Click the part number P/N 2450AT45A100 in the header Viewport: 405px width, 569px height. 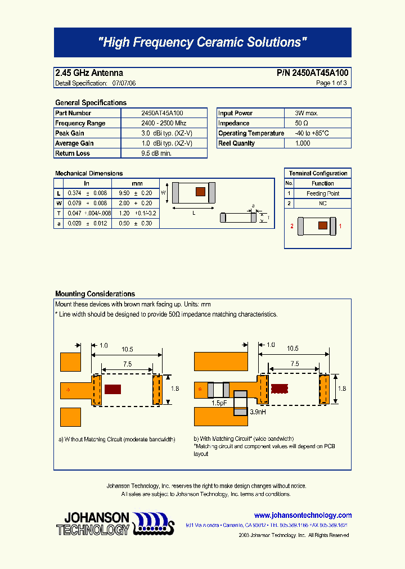313,73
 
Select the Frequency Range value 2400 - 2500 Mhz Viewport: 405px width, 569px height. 163,123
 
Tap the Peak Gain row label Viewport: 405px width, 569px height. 70,133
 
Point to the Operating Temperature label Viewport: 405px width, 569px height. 251,133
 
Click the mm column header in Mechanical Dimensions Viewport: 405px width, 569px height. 137,183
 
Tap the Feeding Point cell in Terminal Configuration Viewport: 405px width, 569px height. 322,193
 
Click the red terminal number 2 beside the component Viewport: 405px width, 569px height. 292,226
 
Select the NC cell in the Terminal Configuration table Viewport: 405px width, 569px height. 322,203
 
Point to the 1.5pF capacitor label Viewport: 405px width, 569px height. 219,403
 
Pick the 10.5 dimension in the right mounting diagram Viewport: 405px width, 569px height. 292,349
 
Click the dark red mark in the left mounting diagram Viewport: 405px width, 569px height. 113,389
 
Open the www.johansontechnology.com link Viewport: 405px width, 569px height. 303,515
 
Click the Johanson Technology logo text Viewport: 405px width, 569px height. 93,523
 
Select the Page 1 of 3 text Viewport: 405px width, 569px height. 331,83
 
